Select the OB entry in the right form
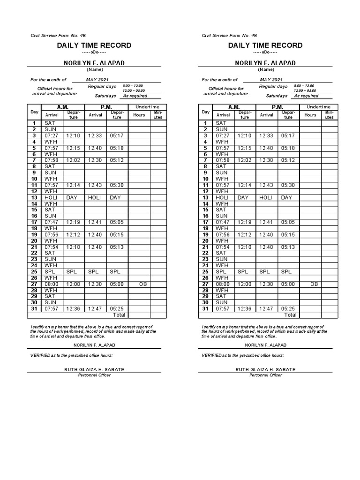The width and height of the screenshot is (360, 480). pos(315,284)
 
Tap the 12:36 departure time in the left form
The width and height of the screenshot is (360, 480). pos(74,309)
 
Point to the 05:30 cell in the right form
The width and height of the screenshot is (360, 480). pos(288,185)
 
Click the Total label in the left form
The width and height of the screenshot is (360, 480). pos(119,315)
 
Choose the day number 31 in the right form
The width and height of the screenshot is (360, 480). pos(205,309)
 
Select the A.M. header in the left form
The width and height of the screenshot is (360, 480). pos(62,107)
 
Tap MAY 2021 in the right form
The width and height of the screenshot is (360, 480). pos(272,80)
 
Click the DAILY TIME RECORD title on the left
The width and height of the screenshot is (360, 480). pos(94,45)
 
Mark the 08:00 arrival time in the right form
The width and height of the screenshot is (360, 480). pos(223,284)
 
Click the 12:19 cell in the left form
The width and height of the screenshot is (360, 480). pos(74,222)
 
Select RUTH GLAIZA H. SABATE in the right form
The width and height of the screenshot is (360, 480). pos(265,370)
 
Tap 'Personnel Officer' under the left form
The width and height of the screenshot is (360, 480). pos(94,375)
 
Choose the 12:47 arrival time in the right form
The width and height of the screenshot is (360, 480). pos(266,309)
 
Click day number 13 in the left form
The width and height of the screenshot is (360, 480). pos(34,197)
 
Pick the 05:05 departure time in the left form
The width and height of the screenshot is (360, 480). pos(117,222)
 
